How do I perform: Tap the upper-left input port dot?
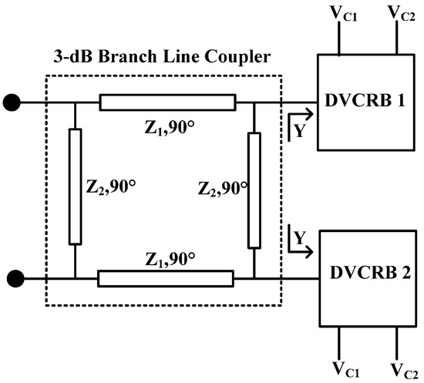click(x=12, y=102)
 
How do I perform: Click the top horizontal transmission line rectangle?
click(x=167, y=102)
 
